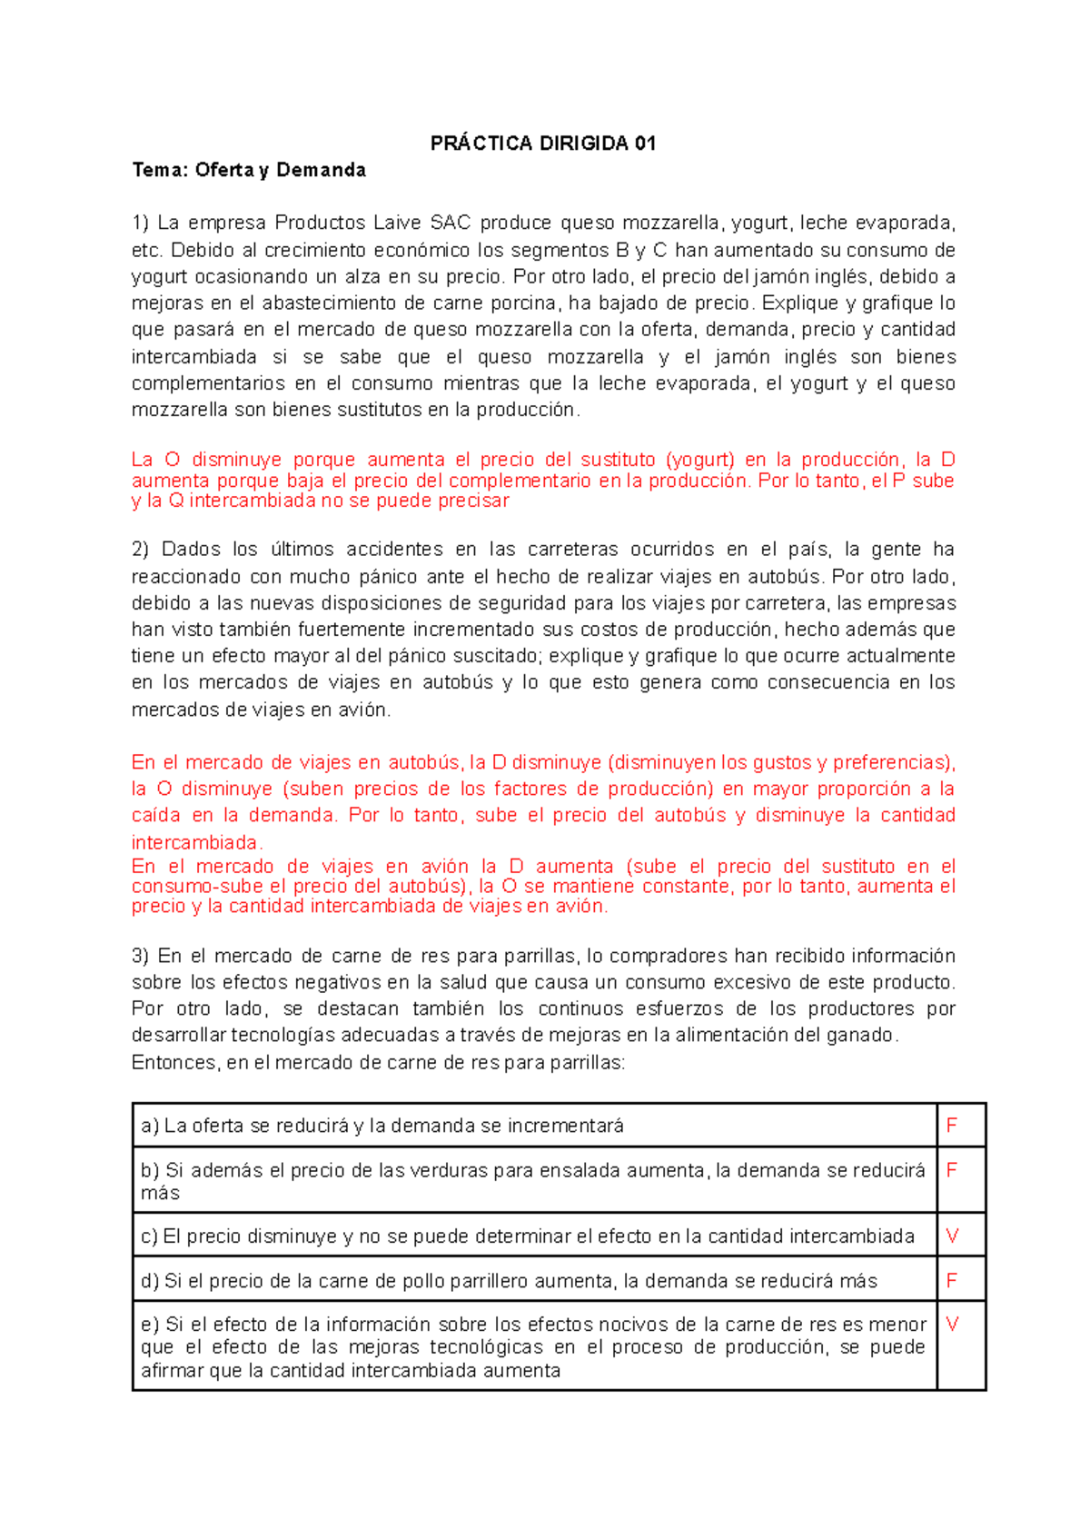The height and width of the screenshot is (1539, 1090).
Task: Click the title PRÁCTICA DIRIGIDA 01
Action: tap(542, 144)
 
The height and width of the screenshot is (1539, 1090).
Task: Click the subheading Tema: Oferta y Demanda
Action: tap(249, 170)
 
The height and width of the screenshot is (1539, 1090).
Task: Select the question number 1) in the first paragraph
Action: tap(140, 223)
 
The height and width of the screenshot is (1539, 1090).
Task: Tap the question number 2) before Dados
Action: tap(140, 550)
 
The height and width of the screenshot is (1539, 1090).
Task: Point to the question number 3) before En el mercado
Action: tap(140, 956)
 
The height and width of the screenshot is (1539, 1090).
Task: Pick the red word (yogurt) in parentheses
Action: tap(699, 461)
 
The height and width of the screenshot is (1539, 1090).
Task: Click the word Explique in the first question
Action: tap(798, 303)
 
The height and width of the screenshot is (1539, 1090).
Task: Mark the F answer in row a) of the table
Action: tap(951, 1126)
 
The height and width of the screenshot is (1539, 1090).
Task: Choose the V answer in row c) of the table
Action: tap(952, 1236)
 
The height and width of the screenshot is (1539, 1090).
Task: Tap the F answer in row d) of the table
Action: tap(951, 1281)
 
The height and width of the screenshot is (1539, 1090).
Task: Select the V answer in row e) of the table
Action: tap(952, 1325)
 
